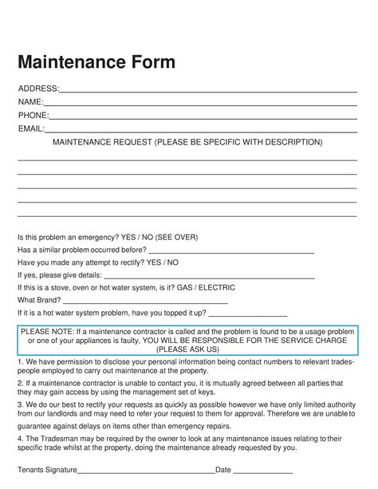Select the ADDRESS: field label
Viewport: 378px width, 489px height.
point(38,88)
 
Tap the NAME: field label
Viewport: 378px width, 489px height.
point(31,101)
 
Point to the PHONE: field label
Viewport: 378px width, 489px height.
point(33,115)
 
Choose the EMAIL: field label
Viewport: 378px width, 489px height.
point(31,128)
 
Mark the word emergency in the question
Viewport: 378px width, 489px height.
point(93,236)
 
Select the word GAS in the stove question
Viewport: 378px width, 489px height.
point(185,287)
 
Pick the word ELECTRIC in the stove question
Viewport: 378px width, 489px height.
point(218,287)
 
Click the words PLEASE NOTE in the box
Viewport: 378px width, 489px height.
point(47,332)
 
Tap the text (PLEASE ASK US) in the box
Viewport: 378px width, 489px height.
point(189,349)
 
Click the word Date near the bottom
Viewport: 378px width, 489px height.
point(223,470)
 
